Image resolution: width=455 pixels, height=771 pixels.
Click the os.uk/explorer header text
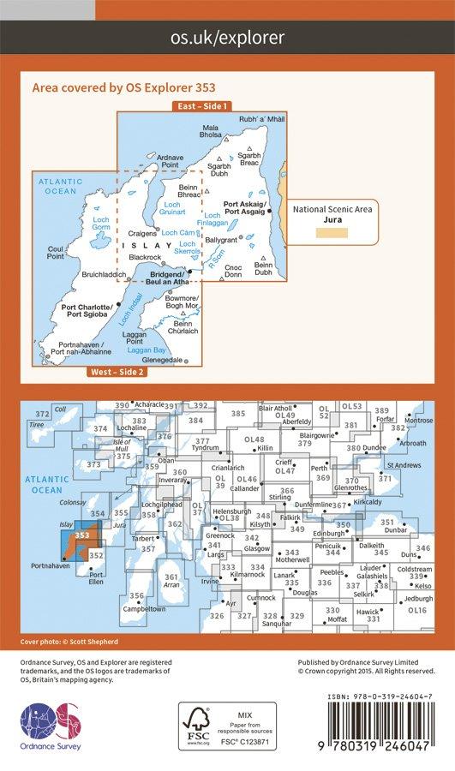point(227,37)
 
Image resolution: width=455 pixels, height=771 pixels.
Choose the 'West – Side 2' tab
point(115,371)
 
